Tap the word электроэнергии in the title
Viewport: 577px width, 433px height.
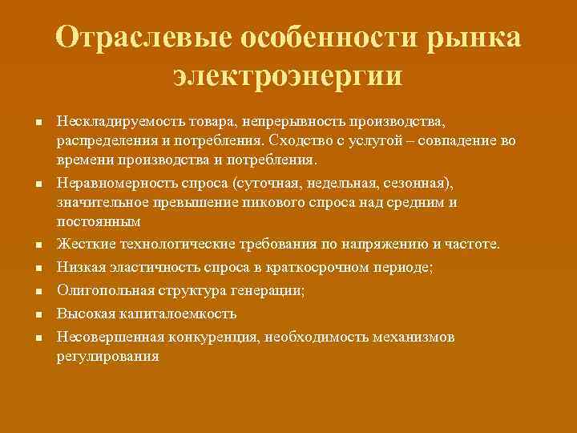pyautogui.click(x=288, y=76)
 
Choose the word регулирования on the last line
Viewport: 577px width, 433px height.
pyautogui.click(x=107, y=356)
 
